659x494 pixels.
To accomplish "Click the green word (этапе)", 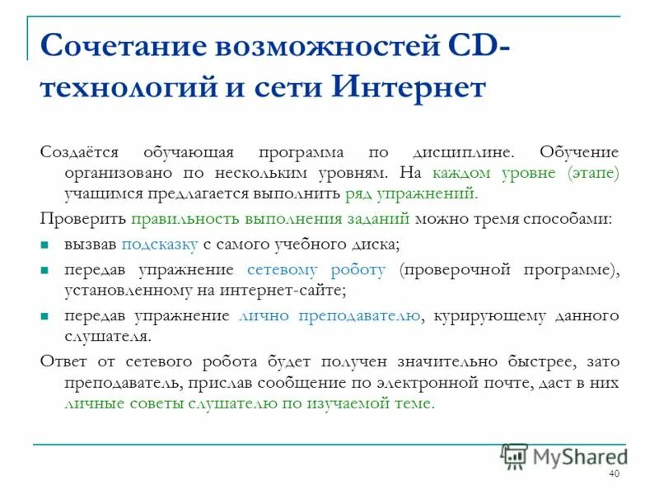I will [x=592, y=174].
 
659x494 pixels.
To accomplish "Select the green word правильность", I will [x=184, y=219].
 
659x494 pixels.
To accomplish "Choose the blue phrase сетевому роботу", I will [x=316, y=270].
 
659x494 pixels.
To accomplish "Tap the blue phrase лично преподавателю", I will [x=329, y=316].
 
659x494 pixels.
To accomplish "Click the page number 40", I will [x=614, y=474].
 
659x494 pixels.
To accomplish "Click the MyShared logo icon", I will [x=515, y=456].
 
